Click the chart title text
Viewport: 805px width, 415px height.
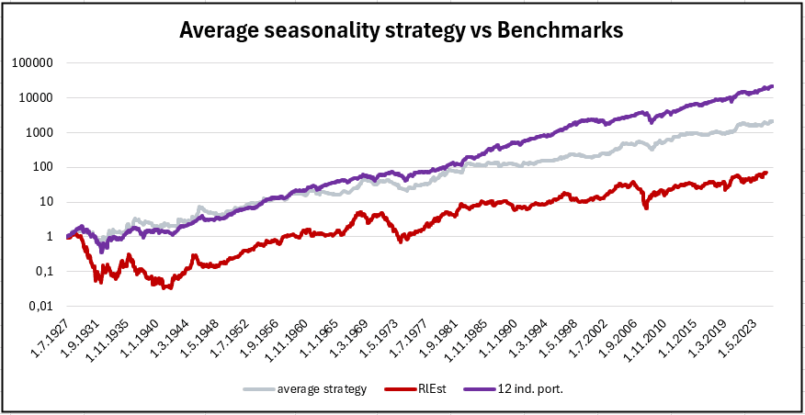click(402, 29)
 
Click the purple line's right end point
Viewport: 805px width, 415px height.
click(773, 86)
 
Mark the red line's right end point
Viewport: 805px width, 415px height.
click(766, 173)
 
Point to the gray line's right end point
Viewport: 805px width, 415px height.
click(773, 121)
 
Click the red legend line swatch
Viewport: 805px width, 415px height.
click(396, 388)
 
